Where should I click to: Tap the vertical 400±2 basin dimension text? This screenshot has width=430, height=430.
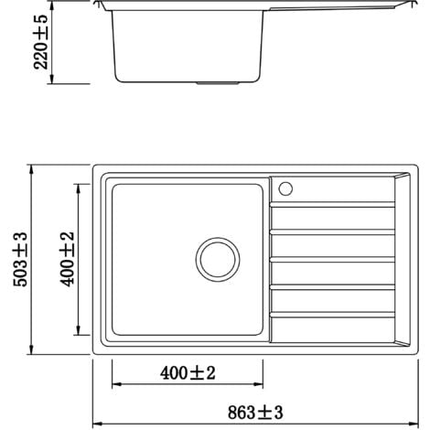pyautogui.click(x=66, y=259)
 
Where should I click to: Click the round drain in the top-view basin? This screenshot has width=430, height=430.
pyautogui.click(x=217, y=260)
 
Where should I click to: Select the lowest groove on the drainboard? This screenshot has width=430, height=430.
pyautogui.click(x=333, y=315)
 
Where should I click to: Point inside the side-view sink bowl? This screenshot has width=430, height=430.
pyautogui.click(x=188, y=46)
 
